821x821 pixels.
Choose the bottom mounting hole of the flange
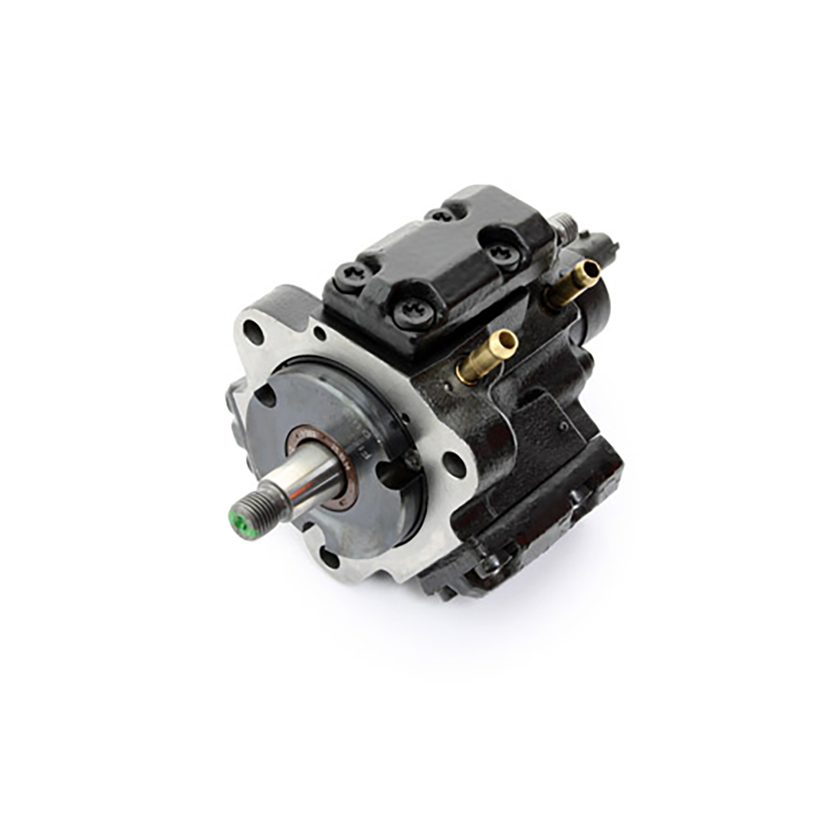pyautogui.click(x=330, y=559)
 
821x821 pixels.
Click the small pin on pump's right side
pyautogui.click(x=564, y=425)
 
